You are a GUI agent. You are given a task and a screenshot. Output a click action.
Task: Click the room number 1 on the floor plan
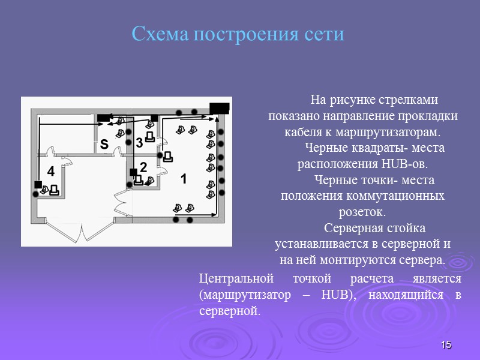pyautogui.click(x=184, y=179)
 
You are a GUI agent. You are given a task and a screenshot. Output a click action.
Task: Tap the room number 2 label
pyautogui.click(x=143, y=167)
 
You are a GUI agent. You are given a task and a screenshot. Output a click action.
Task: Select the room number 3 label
pyautogui.click(x=139, y=143)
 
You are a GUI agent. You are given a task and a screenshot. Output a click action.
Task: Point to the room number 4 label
pyautogui.click(x=50, y=172)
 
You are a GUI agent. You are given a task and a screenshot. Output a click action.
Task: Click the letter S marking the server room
pyautogui.click(x=104, y=145)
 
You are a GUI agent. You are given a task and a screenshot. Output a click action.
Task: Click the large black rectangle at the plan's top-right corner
pyautogui.click(x=219, y=108)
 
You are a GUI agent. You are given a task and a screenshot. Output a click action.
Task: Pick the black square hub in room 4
pyautogui.click(x=38, y=184)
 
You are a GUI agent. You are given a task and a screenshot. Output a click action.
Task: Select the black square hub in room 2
pyautogui.click(x=133, y=172)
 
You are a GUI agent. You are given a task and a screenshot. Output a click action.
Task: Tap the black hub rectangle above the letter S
pyautogui.click(x=104, y=118)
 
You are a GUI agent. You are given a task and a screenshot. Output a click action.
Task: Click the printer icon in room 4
pyautogui.click(x=54, y=190)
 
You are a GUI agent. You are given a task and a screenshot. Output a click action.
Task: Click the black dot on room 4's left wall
pyautogui.click(x=35, y=194)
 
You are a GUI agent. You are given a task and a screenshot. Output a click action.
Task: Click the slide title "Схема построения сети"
pyautogui.click(x=238, y=34)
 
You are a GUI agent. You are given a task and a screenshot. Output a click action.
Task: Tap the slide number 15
pyautogui.click(x=446, y=345)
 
